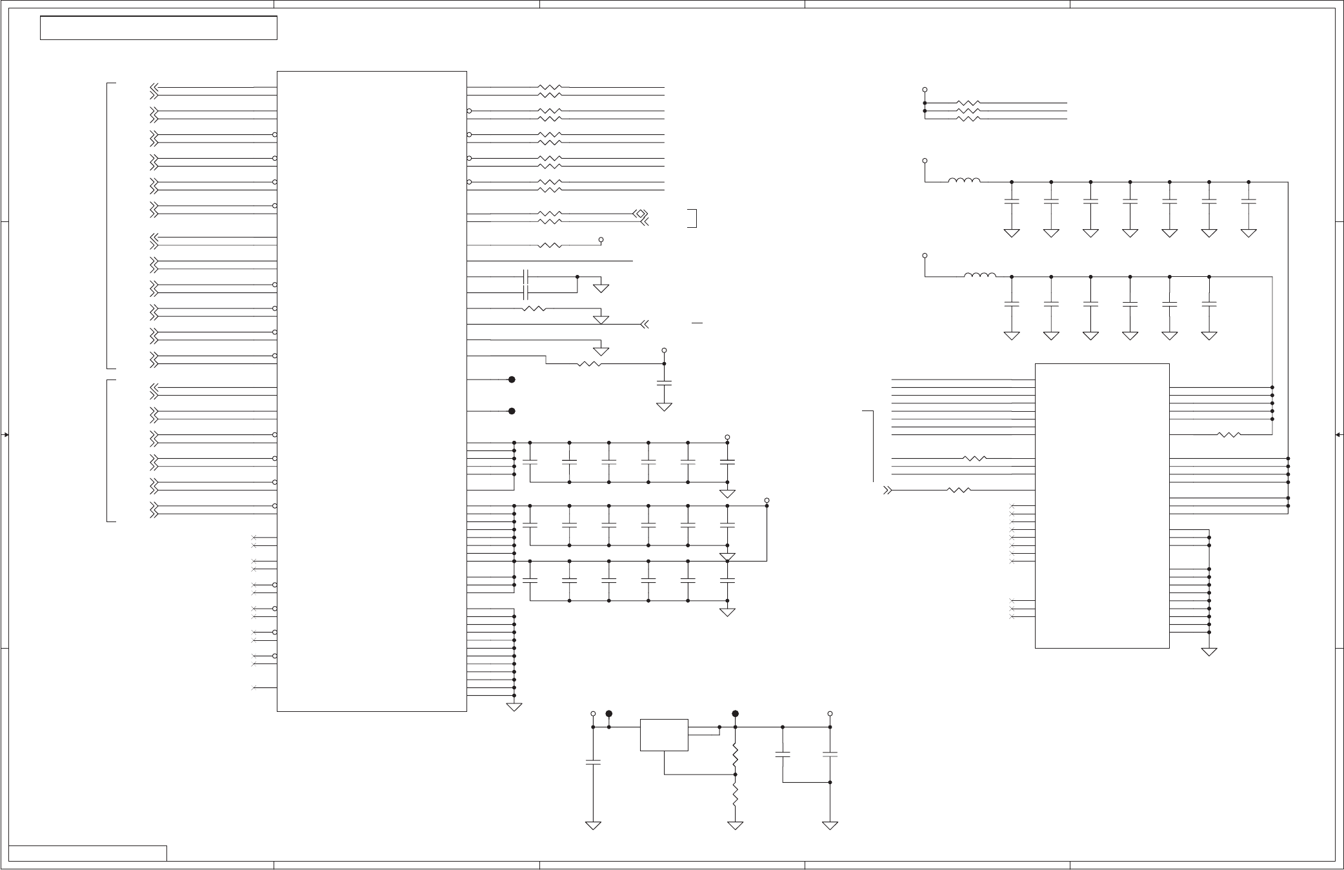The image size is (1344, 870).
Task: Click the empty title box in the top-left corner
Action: coord(158,28)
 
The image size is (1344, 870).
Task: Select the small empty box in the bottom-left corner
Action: coord(88,853)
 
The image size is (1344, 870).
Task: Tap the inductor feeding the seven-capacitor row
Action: coord(965,181)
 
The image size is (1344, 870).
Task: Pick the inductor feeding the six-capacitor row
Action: coord(979,276)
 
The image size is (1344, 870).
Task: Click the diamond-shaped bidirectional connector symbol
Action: coord(640,214)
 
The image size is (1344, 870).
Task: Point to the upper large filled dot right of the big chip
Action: coord(512,379)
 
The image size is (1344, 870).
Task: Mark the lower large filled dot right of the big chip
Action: coord(512,411)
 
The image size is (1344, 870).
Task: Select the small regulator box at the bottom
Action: coord(664,734)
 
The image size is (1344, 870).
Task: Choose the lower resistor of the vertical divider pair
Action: coord(735,795)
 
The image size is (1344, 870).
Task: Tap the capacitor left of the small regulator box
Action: coord(593,762)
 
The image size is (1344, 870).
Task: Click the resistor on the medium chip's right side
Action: coord(1229,434)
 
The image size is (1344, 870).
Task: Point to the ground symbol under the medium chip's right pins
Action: coord(1209,652)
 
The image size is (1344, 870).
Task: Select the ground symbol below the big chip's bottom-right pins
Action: coord(514,707)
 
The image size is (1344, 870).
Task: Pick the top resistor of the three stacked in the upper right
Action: coord(968,103)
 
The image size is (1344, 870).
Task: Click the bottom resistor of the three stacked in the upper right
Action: coord(968,119)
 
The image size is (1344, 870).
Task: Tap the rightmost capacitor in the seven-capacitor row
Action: coord(1249,201)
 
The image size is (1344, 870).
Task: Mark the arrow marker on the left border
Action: coord(5,435)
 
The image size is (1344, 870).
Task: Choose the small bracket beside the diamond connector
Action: coord(694,218)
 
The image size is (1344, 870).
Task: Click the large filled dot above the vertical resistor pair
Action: coord(735,714)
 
